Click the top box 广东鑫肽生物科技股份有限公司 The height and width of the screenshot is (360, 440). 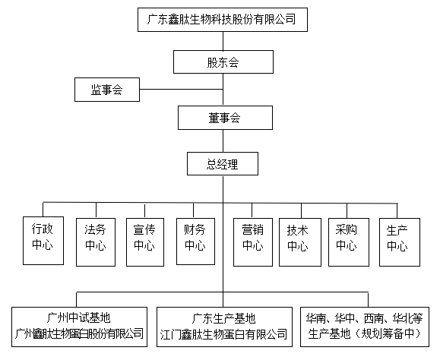(x=223, y=20)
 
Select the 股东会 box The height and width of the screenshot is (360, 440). (x=223, y=62)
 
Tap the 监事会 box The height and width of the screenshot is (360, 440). (x=107, y=90)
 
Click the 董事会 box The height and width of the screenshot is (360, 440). (x=225, y=118)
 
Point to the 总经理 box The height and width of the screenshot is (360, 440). (x=223, y=164)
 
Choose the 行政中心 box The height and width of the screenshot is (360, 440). (x=43, y=241)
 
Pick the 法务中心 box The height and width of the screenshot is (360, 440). (x=96, y=242)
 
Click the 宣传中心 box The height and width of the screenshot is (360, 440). (x=145, y=242)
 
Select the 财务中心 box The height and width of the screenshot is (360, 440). (x=195, y=242)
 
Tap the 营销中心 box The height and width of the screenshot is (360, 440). (x=253, y=242)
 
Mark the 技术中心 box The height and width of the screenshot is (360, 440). (x=300, y=242)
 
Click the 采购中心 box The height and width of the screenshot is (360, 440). (x=349, y=242)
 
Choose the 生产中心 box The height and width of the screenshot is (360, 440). (x=400, y=242)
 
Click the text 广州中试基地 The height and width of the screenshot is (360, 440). (x=79, y=318)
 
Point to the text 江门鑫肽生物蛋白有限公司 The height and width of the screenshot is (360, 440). (x=223, y=334)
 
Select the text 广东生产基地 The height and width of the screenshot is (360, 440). (x=223, y=318)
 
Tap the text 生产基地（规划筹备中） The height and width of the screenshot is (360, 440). (x=365, y=334)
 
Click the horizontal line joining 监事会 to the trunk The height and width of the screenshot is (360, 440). (x=182, y=90)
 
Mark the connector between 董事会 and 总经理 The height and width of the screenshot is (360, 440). (x=223, y=141)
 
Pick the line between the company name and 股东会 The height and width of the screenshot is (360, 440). (x=223, y=41)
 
